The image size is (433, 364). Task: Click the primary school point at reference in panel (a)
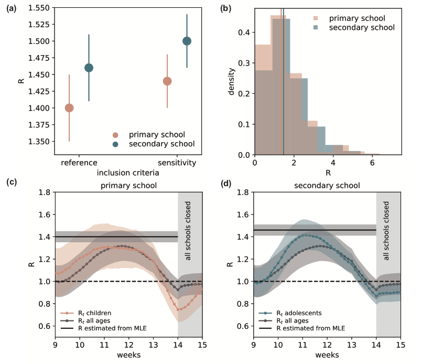click(69, 108)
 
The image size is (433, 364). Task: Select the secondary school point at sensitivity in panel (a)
click(187, 41)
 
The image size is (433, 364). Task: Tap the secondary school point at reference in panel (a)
click(89, 68)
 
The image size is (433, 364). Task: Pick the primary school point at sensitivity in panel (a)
click(167, 81)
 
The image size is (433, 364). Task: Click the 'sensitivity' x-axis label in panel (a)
click(177, 163)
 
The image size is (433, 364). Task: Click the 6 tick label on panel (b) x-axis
click(372, 163)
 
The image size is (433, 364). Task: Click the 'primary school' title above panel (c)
click(128, 185)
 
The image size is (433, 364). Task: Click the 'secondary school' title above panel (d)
click(327, 185)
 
